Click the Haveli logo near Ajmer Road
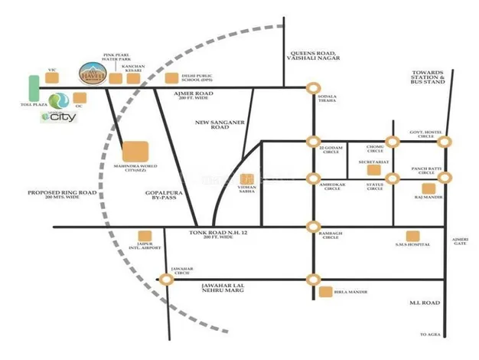[x=92, y=71]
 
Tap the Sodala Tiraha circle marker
[x=312, y=88]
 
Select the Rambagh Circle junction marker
[x=312, y=226]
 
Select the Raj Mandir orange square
[x=428, y=188]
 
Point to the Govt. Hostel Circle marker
[x=444, y=141]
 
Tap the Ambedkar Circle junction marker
[x=312, y=178]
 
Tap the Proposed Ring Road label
[x=61, y=195]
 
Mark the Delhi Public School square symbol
[x=174, y=77]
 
